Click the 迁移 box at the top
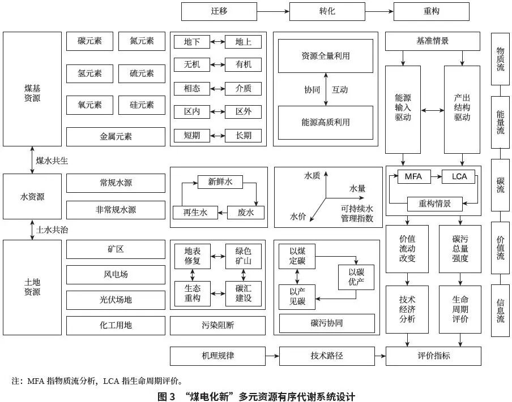point(219,11)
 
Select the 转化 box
point(327,11)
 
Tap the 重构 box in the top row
point(431,11)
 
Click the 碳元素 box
point(90,41)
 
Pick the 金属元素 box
point(116,136)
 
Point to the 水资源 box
point(32,197)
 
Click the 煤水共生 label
point(52,161)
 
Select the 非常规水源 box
point(116,210)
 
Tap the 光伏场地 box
point(116,300)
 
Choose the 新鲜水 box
point(220,182)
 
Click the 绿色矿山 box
point(244,256)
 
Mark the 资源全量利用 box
point(325,56)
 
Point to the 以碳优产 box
point(356,276)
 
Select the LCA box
point(459,176)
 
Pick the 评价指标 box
point(433,356)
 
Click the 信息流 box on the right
point(500,310)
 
